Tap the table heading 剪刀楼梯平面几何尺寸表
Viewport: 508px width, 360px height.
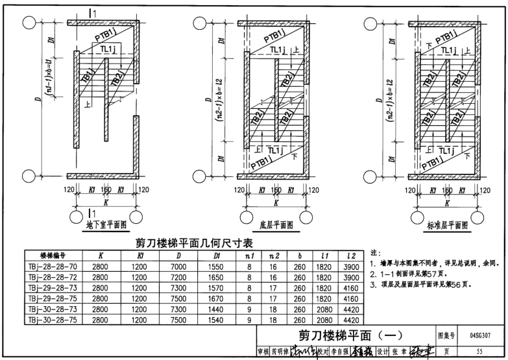point(194,243)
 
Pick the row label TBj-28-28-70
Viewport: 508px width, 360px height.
point(54,266)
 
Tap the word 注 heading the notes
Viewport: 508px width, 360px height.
point(374,252)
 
